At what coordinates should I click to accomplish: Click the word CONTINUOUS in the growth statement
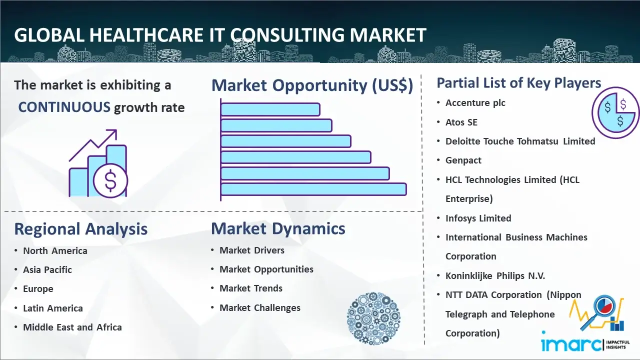tap(64, 107)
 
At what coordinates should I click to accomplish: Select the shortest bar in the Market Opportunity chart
tap(270, 109)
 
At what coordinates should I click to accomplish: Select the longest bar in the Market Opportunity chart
tap(313, 189)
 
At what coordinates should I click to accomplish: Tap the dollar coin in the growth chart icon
tap(110, 180)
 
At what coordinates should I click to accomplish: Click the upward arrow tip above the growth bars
tap(115, 131)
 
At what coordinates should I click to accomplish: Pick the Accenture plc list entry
tap(475, 103)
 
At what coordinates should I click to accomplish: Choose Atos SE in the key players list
tap(461, 122)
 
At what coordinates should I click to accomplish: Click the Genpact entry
tap(463, 160)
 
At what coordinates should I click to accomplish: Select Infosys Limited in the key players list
tap(478, 218)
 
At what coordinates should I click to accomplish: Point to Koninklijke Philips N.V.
tap(495, 275)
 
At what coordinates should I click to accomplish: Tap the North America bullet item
tap(55, 251)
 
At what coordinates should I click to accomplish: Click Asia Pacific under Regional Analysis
tap(47, 269)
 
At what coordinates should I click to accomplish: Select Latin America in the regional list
tap(53, 308)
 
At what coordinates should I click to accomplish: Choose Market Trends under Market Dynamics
tap(251, 288)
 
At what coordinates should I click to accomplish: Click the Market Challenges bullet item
tap(259, 307)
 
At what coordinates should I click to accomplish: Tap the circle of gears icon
tap(373, 318)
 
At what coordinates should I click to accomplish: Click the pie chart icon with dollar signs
tap(615, 112)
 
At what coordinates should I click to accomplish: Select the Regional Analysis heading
tap(81, 229)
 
